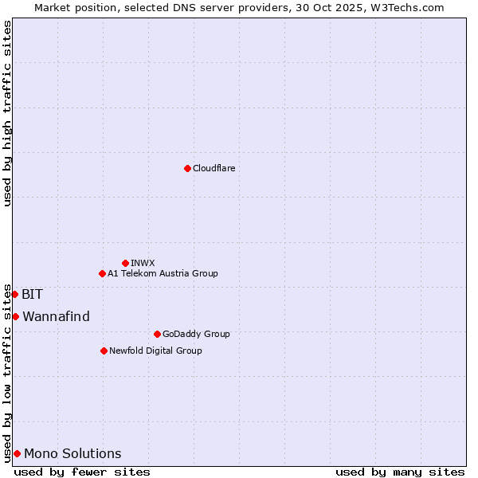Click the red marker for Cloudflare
tap(187, 168)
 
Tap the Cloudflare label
tap(214, 168)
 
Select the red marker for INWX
tap(125, 263)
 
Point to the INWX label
tap(143, 263)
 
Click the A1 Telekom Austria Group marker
tap(102, 273)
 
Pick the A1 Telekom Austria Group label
tap(163, 273)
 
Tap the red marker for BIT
tap(14, 294)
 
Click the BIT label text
tap(32, 294)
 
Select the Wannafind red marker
tap(15, 316)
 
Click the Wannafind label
tap(56, 316)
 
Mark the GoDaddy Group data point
tap(157, 334)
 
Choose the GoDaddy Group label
tap(195, 334)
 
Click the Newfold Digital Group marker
tap(104, 351)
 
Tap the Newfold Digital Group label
tap(155, 351)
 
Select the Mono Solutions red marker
tap(17, 453)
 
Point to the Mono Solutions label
tap(72, 454)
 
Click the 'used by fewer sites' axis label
tap(82, 472)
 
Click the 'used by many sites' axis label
tap(400, 472)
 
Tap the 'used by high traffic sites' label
tap(7, 113)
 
